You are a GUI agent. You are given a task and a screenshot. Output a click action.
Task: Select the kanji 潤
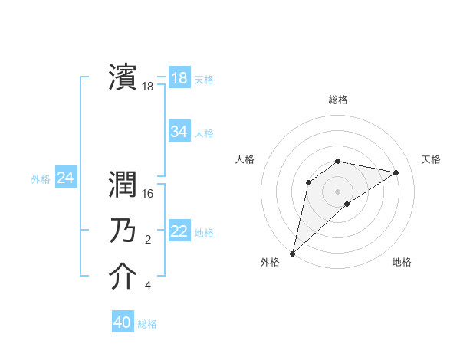coord(123,184)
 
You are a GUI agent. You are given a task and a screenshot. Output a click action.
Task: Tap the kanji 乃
coord(123,231)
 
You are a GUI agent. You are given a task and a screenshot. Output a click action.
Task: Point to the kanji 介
coord(123,277)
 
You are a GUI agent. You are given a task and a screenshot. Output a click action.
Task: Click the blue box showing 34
coord(179,132)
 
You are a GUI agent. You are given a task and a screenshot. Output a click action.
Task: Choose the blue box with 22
coord(179,231)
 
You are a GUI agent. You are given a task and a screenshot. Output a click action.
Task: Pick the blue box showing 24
coord(65,178)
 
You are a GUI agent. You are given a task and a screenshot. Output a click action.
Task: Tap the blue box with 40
coord(123,322)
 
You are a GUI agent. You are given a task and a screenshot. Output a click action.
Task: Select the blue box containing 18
coord(179,78)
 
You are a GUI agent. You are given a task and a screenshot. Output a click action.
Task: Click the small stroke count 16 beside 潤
coord(149,195)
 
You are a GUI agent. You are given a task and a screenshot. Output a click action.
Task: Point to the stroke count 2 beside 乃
coord(148,241)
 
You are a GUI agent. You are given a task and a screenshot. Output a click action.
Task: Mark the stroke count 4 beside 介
coord(148,286)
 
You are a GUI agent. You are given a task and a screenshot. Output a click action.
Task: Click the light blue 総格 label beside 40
coord(147,324)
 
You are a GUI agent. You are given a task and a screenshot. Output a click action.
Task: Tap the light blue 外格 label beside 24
coord(41,179)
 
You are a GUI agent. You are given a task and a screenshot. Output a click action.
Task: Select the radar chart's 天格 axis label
coord(431,159)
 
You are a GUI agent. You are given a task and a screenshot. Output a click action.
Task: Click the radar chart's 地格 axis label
coord(402,262)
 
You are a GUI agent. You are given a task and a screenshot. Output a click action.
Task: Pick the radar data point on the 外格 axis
coord(292,253)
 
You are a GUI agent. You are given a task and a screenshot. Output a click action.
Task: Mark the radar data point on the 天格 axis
coord(396,172)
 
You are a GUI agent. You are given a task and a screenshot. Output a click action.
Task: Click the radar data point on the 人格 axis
coord(309,182)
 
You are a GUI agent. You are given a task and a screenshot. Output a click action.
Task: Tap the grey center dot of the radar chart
coord(337,191)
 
